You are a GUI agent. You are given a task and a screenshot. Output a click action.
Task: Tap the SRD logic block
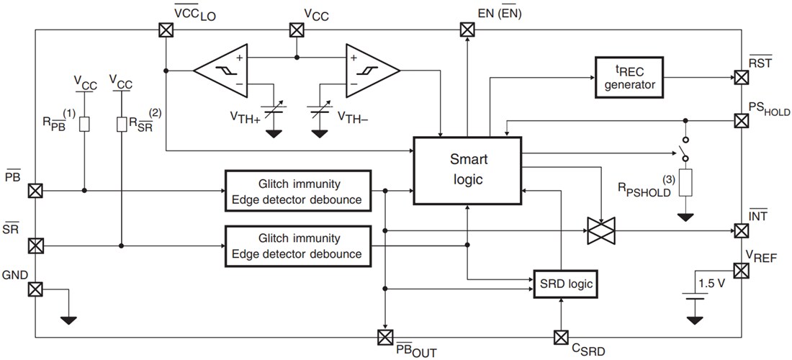[566, 284]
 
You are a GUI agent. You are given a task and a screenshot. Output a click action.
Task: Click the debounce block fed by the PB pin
[297, 191]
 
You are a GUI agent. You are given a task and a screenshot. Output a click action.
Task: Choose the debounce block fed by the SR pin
[297, 246]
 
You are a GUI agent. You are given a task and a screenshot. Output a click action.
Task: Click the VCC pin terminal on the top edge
[296, 30]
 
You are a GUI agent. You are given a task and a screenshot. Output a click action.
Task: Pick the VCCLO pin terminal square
[166, 30]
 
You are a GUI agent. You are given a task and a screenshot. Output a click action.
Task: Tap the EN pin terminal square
[467, 30]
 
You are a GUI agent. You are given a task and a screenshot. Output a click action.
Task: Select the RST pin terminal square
[741, 77]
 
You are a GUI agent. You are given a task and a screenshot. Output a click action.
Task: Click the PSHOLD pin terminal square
[741, 120]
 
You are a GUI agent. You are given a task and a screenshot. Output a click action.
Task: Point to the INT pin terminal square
[741, 230]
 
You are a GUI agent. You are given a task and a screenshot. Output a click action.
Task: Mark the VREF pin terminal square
[741, 271]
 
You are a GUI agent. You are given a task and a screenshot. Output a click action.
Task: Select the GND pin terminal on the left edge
[35, 289]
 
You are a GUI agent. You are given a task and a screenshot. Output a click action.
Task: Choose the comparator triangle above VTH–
[371, 70]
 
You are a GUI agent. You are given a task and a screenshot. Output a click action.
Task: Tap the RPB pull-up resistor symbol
[85, 125]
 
